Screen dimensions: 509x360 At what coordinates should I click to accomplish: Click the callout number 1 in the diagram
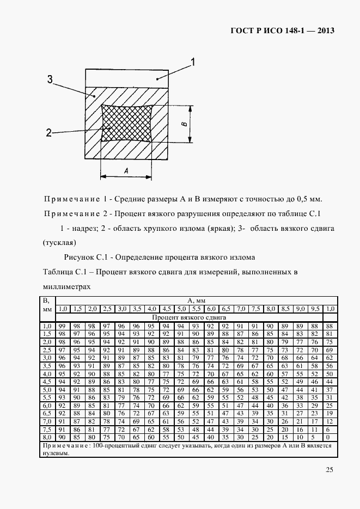(193, 61)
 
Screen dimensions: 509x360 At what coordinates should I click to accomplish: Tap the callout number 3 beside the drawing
(50, 79)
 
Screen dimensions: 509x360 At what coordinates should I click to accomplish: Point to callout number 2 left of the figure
(49, 132)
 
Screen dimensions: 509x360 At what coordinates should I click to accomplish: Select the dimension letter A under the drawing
(126, 171)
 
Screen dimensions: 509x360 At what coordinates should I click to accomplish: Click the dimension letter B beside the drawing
(184, 124)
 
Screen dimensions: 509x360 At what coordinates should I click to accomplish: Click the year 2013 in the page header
(322, 30)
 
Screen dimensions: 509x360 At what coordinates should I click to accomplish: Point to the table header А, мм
(196, 300)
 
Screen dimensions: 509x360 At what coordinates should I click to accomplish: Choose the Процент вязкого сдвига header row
(190, 317)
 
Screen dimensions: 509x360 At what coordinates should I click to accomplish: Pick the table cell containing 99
(62, 326)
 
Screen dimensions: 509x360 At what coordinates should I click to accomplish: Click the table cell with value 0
(329, 437)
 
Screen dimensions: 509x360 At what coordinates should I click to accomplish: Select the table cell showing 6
(329, 429)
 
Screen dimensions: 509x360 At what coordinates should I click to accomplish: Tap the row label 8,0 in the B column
(47, 437)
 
